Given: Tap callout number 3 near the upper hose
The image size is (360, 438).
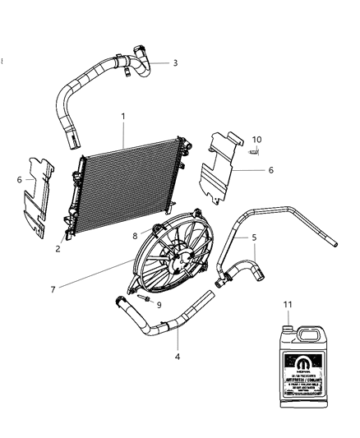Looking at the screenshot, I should click(x=174, y=62).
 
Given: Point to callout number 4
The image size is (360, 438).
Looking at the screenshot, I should click(x=177, y=357).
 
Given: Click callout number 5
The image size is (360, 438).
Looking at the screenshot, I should click(x=255, y=238).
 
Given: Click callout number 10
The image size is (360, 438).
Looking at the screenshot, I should click(x=256, y=139).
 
